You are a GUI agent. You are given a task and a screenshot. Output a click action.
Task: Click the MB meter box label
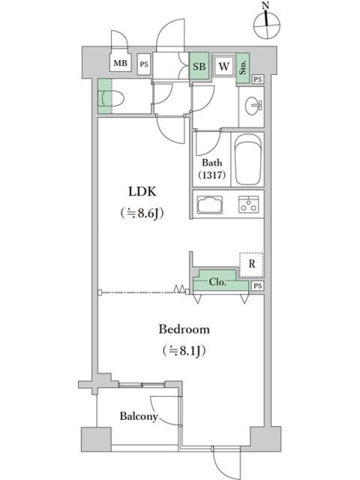[x=121, y=64]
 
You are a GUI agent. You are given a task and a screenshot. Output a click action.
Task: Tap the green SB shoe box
[x=199, y=66]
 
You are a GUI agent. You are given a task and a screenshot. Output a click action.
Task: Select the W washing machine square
[x=224, y=66]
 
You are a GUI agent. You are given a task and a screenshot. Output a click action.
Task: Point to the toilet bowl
[x=113, y=97]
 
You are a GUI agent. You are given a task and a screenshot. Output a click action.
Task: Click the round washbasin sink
[x=253, y=106]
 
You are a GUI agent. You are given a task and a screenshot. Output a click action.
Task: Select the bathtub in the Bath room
[x=248, y=160]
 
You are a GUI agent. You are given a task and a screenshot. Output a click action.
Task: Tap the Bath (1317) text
[x=212, y=169]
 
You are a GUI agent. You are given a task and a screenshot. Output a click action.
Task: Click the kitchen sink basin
[x=210, y=205]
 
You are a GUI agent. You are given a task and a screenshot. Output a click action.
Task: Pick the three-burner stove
[x=248, y=204]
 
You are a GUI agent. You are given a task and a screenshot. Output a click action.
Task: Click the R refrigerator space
[x=251, y=265]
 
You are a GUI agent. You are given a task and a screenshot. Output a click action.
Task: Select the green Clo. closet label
[x=218, y=281]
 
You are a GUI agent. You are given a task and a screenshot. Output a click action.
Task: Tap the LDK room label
[x=142, y=191]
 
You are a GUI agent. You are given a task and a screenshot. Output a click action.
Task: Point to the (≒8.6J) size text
[x=142, y=213]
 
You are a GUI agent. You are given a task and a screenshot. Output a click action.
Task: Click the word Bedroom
[x=184, y=329]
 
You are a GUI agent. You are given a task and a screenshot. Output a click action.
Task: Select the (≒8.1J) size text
[x=184, y=350]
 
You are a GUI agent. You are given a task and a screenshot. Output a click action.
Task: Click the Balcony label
[x=139, y=416]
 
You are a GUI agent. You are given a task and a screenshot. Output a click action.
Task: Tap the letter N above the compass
[x=265, y=5]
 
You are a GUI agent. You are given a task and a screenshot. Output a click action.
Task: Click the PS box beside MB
[x=144, y=64]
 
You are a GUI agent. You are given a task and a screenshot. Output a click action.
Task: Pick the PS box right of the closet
[x=258, y=286]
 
